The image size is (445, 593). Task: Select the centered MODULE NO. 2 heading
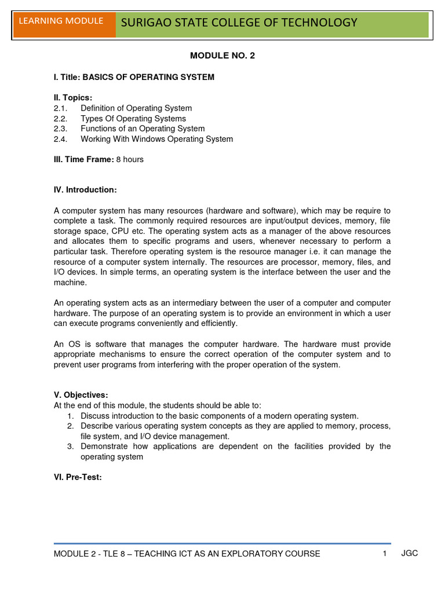(222, 56)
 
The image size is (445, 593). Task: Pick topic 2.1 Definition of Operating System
(136, 108)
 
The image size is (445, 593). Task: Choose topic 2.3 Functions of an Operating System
(143, 129)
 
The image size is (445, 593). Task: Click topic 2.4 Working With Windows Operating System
(156, 139)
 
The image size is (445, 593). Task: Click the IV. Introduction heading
(85, 190)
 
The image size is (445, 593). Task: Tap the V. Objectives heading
(81, 395)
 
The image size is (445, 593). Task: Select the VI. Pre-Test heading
(78, 478)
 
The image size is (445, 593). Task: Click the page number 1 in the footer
(384, 554)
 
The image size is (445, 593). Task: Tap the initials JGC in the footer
(409, 554)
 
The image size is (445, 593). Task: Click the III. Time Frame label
(83, 159)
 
